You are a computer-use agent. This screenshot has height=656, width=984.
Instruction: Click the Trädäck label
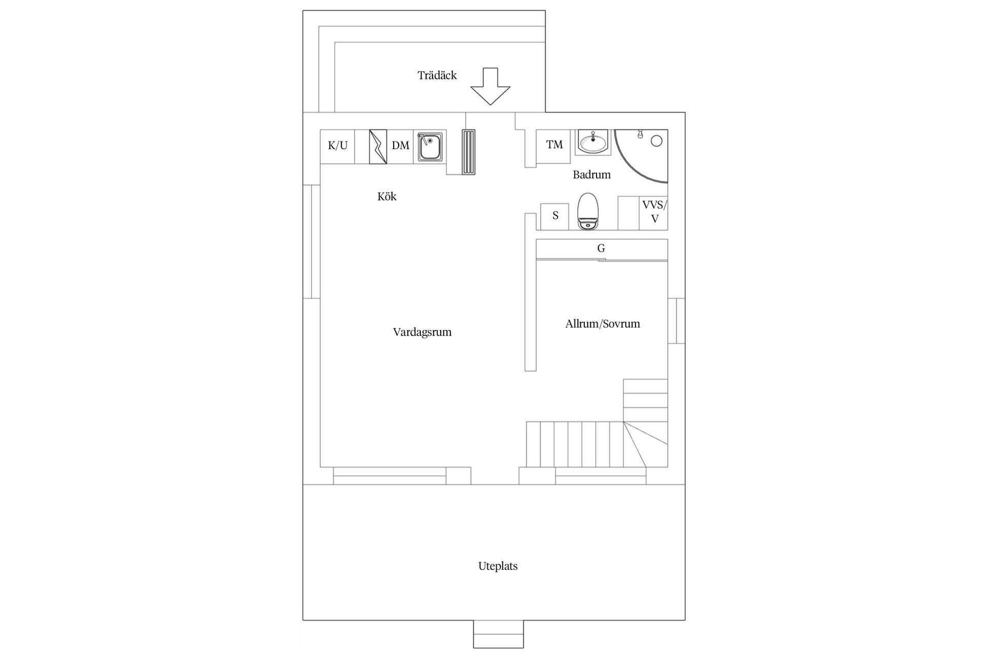437,75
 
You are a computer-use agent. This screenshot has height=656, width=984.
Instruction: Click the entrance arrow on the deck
490,87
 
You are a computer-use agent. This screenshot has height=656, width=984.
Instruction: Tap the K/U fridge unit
337,146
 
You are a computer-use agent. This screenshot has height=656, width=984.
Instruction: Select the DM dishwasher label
400,146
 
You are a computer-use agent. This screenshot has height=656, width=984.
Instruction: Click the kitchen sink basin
430,147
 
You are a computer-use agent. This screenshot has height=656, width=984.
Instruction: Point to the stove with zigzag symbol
378,147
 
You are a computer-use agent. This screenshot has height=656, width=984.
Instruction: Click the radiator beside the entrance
468,152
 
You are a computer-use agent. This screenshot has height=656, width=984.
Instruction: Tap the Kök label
387,196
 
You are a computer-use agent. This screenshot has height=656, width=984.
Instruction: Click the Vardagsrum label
422,332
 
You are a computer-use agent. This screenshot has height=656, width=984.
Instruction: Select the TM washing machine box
553,146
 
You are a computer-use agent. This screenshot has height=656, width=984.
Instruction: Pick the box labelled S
555,216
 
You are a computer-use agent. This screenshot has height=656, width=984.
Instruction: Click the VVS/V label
654,212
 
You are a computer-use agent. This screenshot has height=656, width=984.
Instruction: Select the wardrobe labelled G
601,249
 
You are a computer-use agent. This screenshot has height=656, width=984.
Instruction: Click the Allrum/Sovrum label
602,324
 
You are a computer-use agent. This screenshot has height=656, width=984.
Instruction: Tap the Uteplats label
498,566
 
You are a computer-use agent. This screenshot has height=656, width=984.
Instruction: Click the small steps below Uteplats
498,634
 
